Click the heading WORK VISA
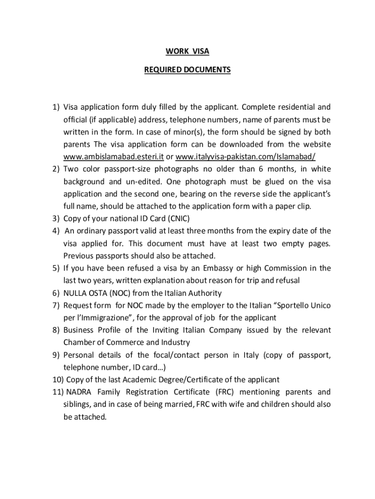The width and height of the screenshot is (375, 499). tap(187, 51)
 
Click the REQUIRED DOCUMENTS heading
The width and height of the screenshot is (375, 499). tap(187, 70)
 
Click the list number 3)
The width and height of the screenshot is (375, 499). tap(56, 218)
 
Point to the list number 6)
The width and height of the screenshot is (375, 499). tap(56, 293)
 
